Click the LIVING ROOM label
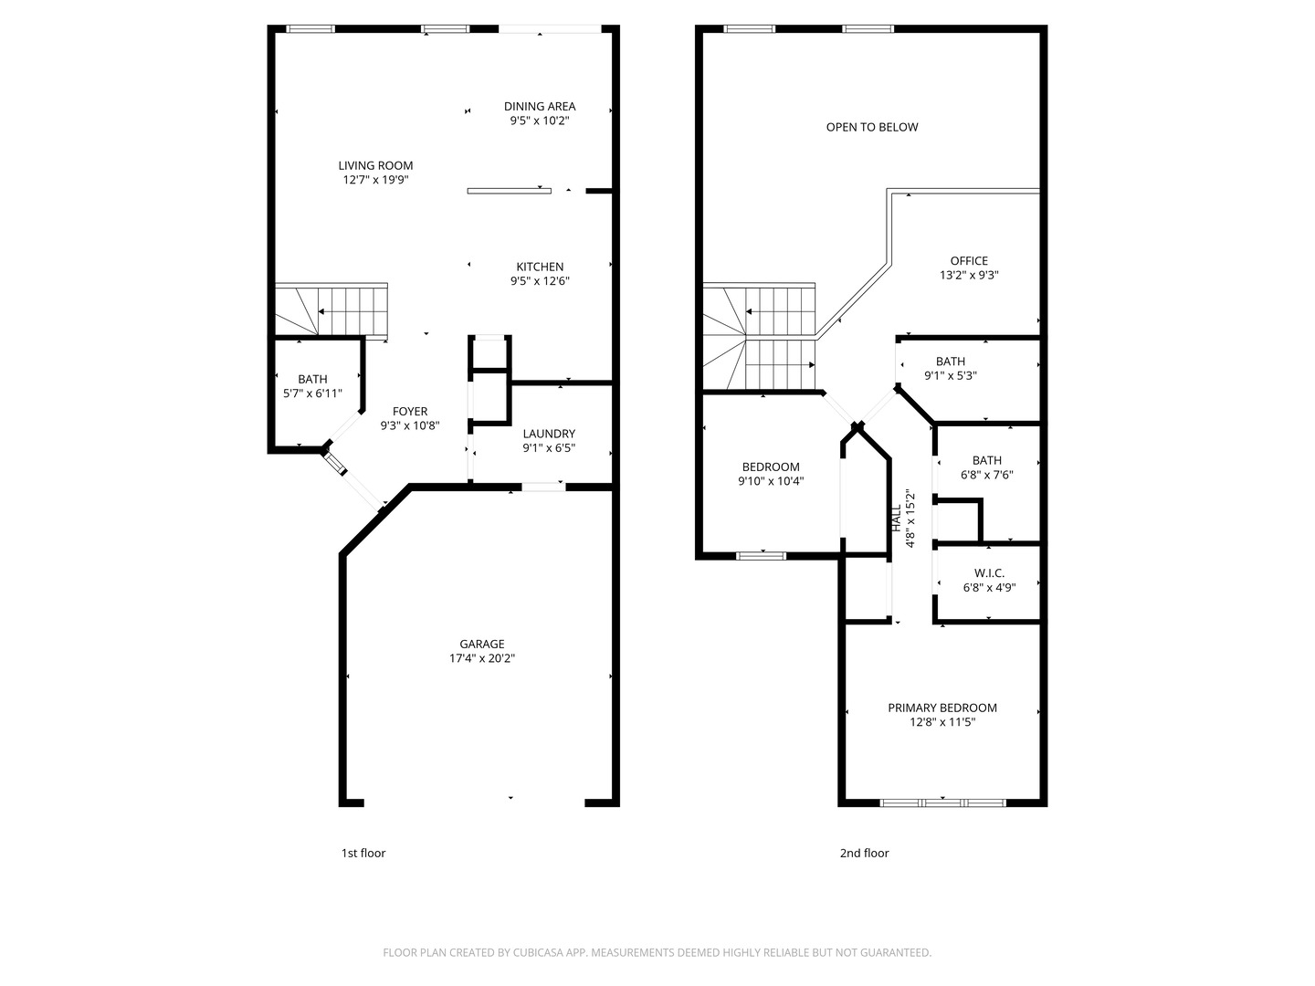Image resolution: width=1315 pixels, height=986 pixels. point(375,166)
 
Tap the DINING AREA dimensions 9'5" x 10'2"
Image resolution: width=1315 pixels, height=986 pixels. point(540,121)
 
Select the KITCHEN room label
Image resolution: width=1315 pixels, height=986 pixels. point(540,267)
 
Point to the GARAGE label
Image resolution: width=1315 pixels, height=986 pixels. point(482,645)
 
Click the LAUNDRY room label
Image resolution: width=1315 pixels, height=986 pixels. point(549,434)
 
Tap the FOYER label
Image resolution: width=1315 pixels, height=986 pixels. point(410,412)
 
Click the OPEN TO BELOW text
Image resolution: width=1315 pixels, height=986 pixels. point(872,127)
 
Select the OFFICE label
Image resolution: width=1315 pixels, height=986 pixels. point(969,261)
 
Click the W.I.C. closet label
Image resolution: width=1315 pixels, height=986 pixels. point(989,573)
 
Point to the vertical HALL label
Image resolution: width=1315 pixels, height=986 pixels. point(897,519)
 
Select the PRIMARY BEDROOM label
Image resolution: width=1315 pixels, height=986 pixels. point(942,708)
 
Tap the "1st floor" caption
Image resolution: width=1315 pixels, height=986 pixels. point(363,854)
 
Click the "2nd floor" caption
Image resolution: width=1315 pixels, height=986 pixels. point(864,854)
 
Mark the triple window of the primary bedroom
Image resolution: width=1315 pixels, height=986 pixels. point(942,803)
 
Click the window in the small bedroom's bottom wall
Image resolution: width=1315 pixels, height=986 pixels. point(761,555)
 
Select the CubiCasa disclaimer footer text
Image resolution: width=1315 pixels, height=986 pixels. point(657,953)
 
